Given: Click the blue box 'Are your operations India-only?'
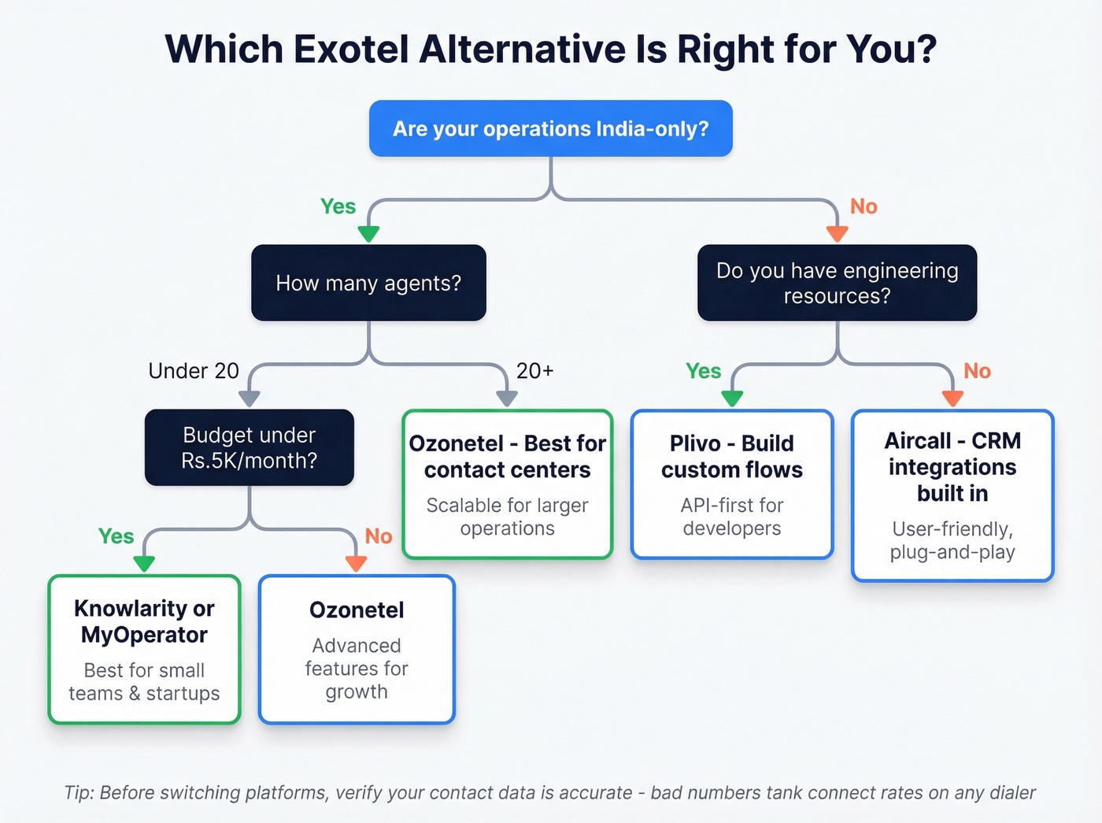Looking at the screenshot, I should pos(550,128).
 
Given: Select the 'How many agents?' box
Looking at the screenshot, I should pos(368,283).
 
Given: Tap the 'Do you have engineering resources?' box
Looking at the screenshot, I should pos(837,283).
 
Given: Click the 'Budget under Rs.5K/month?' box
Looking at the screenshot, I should pos(249,447).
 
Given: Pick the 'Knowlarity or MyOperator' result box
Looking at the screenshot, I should pos(144,649).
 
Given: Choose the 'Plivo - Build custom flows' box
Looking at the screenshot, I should pos(731,484).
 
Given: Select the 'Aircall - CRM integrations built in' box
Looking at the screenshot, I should pos(952,495).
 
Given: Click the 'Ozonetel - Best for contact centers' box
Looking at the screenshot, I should pos(507,484).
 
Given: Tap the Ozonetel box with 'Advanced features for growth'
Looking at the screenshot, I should pos(357,649).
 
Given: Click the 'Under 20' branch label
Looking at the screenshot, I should pos(194,371).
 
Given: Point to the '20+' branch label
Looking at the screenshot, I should pos(535,371).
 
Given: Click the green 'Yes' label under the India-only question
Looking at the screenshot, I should pos(338,206).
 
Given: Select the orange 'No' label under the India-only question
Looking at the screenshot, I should pos(863,206).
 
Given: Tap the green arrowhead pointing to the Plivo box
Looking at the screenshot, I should pos(732,399).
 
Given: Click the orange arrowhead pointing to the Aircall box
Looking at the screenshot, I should pos(952,399).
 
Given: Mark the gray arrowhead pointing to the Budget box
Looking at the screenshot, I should pos(249,399).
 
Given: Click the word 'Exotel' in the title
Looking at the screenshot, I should pos(351,49).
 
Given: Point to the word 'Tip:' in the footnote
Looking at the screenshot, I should pos(80,792).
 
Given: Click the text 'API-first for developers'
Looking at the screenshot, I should pos(731,517).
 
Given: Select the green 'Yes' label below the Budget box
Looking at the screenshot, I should pos(116,536).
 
